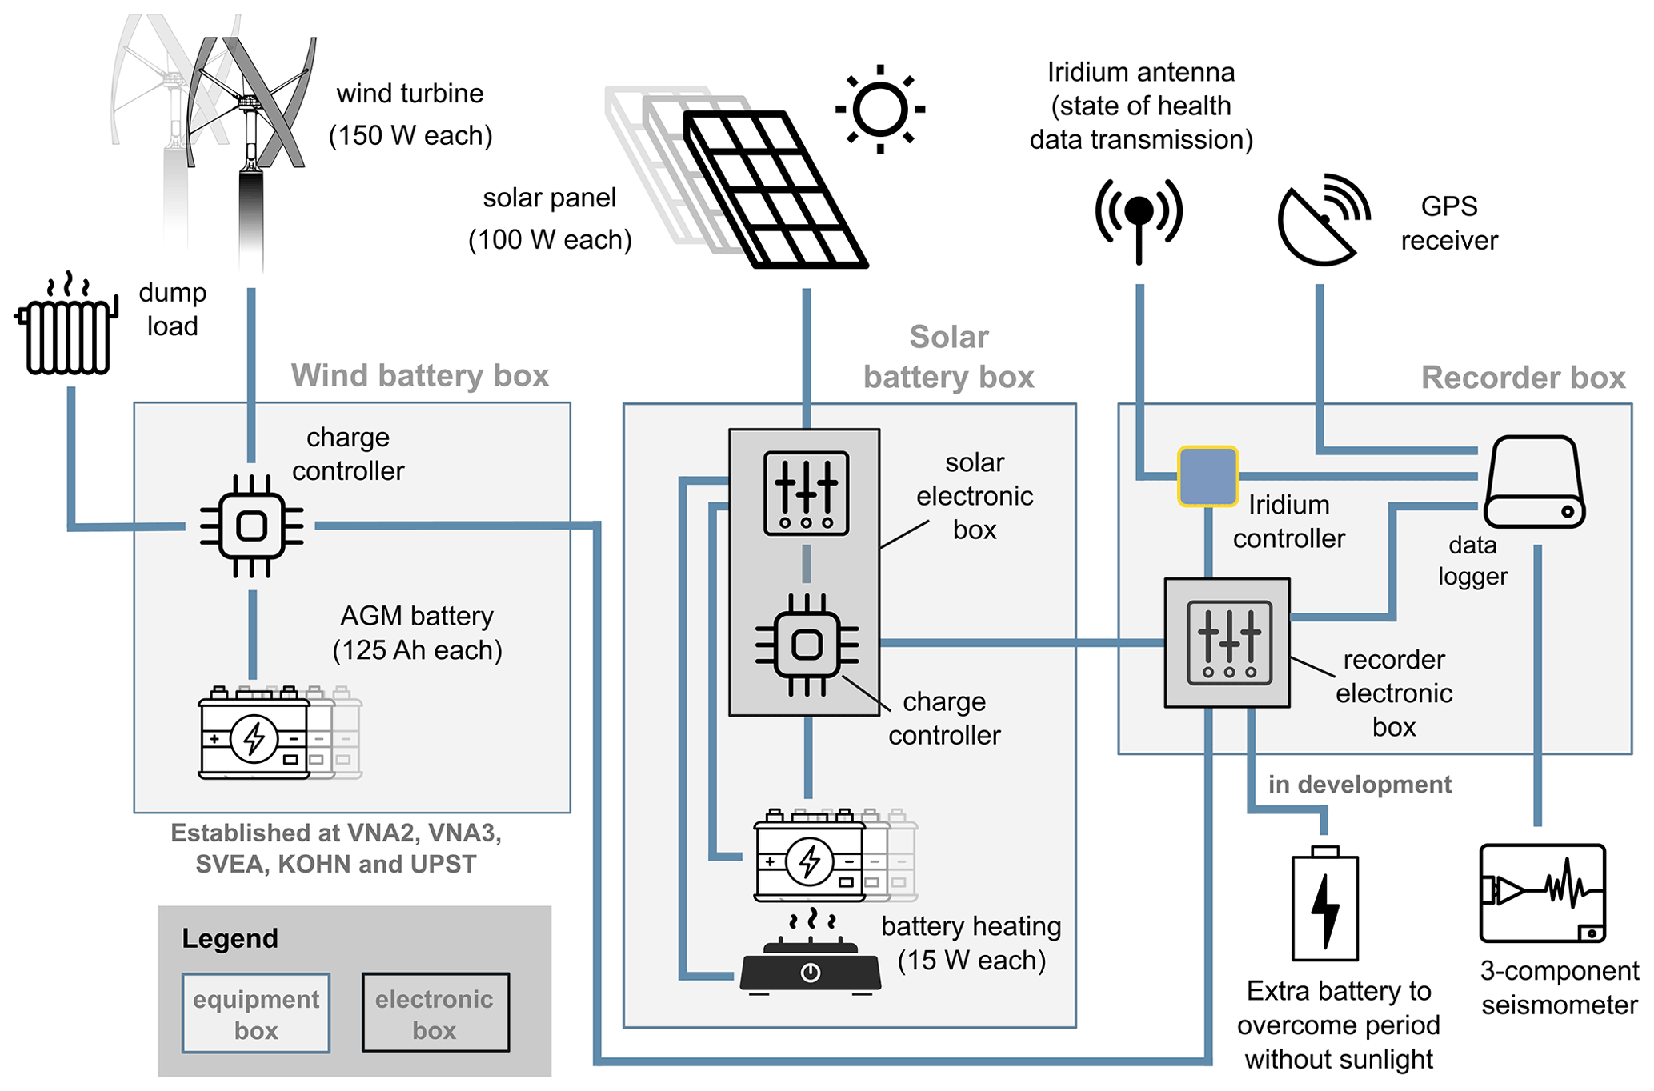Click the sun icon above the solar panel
879,109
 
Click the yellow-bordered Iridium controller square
1207,477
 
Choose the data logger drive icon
1533,482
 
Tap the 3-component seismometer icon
1542,893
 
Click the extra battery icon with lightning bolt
1325,906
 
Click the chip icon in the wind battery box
251,526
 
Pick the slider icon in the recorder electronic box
1228,643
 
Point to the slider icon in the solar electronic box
806,493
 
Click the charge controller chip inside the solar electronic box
807,645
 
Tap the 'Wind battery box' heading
419,375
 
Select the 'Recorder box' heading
1522,377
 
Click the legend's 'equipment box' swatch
256,1013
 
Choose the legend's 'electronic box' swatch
435,1013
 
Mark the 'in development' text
1359,785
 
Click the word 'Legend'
230,938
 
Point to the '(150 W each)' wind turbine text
410,135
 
